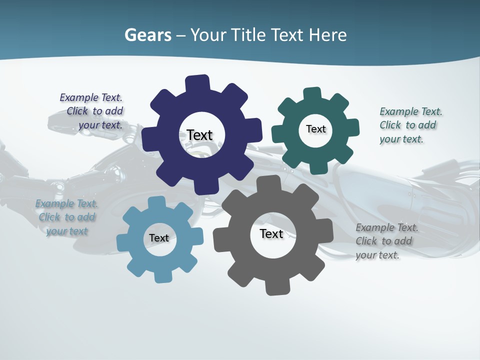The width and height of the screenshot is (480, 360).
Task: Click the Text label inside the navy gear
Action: [x=199, y=135]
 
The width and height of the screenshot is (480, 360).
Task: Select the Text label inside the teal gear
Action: [x=315, y=129]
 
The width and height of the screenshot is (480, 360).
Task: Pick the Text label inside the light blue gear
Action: [x=159, y=238]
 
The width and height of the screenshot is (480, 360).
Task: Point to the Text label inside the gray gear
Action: [x=271, y=234]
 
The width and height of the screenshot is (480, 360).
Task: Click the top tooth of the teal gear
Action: [x=312, y=93]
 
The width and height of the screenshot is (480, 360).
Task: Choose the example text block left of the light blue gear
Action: [x=66, y=217]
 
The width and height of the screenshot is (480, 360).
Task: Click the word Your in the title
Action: [x=207, y=35]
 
